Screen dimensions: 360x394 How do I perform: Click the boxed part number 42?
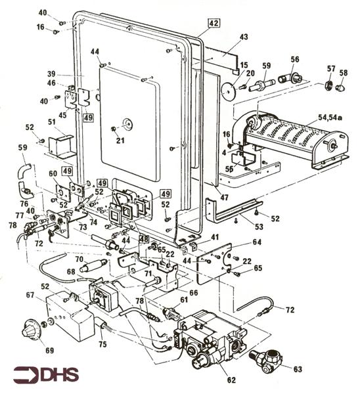[x=214, y=24]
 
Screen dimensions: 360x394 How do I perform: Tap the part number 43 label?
[x=244, y=37]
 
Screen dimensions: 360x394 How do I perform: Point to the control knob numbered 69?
[x=30, y=328]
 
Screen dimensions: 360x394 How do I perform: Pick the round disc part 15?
[x=228, y=90]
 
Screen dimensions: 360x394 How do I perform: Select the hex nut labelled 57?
[x=328, y=85]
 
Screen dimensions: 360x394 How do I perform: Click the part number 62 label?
[x=231, y=380]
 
